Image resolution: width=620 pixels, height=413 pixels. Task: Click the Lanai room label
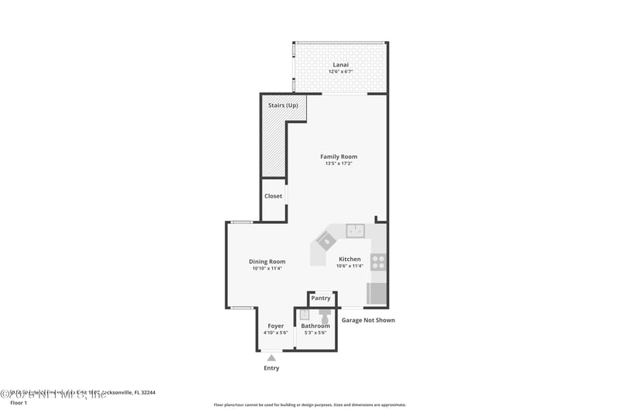coord(339,64)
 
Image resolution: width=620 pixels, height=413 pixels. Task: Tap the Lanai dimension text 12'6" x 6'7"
coord(339,71)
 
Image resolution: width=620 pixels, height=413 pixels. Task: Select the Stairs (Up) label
coord(283,105)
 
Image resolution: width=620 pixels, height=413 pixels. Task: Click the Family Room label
coord(339,157)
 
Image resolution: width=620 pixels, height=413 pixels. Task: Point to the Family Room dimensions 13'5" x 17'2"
coord(339,163)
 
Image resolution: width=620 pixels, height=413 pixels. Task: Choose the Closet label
coord(274,196)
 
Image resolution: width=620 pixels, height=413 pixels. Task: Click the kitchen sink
coord(355,230)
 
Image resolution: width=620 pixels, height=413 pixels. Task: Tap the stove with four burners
coord(378,261)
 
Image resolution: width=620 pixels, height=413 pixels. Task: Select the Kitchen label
coord(350,259)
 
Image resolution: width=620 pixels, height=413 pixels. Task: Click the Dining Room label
coord(267,262)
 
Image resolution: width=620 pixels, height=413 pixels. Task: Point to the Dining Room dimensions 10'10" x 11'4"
coord(267,269)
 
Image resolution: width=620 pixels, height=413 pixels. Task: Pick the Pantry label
coord(321,298)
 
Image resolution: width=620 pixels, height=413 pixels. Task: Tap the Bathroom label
coord(315,326)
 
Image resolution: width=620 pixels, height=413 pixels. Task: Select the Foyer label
coord(276,326)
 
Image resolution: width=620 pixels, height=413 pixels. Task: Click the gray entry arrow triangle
coord(271,357)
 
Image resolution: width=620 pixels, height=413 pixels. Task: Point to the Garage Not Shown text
coord(368,320)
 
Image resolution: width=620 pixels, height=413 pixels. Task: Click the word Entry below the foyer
coord(271,368)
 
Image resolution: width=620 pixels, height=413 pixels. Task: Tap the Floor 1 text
coord(18,403)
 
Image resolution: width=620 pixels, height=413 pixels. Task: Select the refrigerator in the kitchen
coord(377,293)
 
